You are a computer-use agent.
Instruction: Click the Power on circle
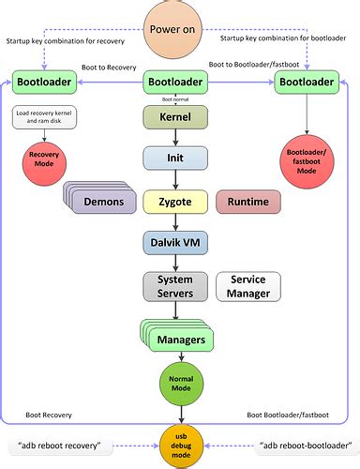(x=173, y=28)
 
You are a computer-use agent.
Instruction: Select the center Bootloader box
(x=173, y=83)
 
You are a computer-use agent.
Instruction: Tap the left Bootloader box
(x=44, y=83)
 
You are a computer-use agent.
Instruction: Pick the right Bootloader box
(x=306, y=83)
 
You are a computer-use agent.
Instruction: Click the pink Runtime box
(x=247, y=201)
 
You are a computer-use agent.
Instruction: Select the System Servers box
(x=173, y=286)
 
